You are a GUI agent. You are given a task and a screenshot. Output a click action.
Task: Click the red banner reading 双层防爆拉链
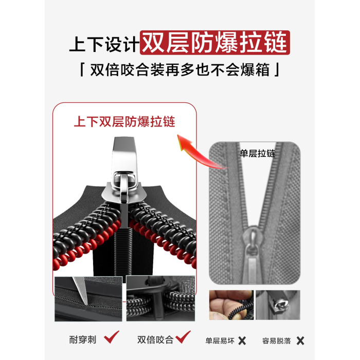coord(215,43)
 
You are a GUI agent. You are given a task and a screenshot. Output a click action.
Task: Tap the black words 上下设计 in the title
coord(104,44)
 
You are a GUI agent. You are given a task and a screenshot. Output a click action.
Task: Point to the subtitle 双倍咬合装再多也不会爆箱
coord(180,69)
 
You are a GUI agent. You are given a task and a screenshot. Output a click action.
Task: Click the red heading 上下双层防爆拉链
coord(124,121)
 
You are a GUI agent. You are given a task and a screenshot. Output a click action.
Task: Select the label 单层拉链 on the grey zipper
coord(257,153)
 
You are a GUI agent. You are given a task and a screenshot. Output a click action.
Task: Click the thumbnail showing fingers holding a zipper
coord(231,305)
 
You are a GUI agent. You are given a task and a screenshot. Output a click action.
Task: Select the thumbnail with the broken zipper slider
coord(278,305)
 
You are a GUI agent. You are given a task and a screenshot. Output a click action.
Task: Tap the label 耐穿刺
coord(83,340)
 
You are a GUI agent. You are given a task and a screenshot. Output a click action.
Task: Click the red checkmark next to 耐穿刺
coord(112,337)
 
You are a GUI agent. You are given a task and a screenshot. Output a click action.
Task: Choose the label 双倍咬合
coord(155,340)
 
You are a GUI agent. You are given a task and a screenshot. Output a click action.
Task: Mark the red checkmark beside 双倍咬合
coord(183,337)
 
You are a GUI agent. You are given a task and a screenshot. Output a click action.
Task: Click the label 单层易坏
coord(220,340)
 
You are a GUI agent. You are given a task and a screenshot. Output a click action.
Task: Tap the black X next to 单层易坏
coord(242,340)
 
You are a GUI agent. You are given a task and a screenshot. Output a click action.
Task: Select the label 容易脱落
coord(277,340)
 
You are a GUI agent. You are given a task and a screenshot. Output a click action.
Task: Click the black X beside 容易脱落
coord(300,340)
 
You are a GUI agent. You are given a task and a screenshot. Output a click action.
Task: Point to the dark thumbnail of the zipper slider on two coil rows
coord(160,298)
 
